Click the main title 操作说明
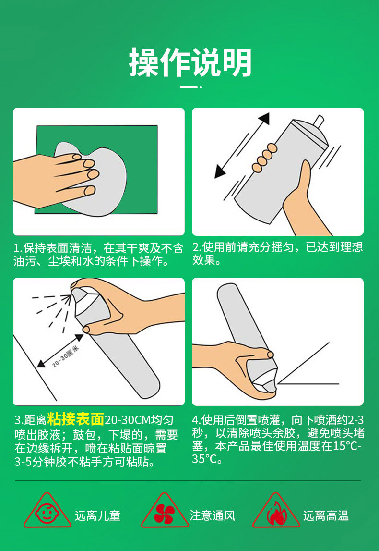[190, 62]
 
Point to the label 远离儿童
[97, 515]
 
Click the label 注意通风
[213, 515]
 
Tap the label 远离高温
[326, 515]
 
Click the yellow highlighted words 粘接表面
[76, 419]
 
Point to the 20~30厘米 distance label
[65, 356]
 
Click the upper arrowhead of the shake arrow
[264, 119]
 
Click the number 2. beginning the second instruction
[197, 247]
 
